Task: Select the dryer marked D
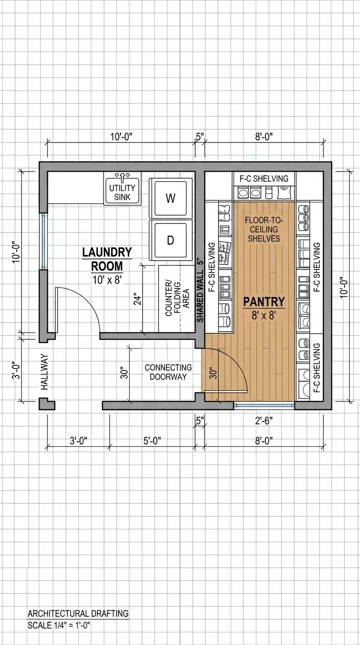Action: (171, 240)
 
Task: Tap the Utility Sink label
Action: (122, 193)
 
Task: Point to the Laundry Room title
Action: (107, 259)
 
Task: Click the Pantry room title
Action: (264, 301)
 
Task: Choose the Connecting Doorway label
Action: (168, 372)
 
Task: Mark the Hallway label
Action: (45, 372)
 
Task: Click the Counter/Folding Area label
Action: (177, 298)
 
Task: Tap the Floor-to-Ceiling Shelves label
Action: (264, 230)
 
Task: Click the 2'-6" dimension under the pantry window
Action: (264, 421)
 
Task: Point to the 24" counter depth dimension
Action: (138, 300)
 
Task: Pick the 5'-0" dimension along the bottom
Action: (152, 441)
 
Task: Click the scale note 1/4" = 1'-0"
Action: (59, 625)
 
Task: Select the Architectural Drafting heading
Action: (78, 613)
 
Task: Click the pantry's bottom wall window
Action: (264, 405)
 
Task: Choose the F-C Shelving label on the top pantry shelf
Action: (264, 179)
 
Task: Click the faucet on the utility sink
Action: (122, 176)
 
